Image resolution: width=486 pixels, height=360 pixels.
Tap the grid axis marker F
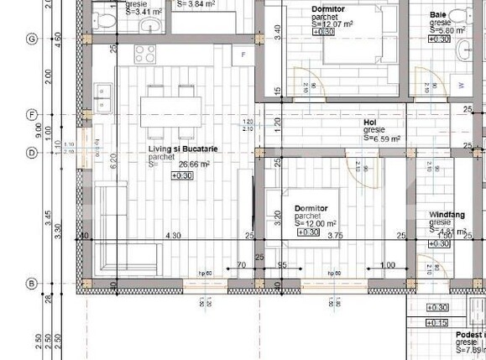point(32,115)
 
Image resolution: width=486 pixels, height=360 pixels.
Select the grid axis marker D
point(32,153)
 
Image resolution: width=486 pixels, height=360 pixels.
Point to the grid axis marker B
point(32,284)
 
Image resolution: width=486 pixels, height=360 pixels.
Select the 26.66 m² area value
point(191,165)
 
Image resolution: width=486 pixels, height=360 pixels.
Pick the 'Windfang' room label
point(447,215)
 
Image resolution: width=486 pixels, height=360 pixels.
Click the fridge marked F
point(243,55)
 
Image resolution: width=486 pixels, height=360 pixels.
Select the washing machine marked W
point(461,85)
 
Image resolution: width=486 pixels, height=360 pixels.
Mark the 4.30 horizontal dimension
point(173,236)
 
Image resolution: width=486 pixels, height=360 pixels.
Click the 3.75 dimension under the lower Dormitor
point(335,236)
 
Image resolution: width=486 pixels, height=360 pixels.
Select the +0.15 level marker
point(437,322)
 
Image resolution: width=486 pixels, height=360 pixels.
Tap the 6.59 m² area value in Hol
point(382,139)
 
